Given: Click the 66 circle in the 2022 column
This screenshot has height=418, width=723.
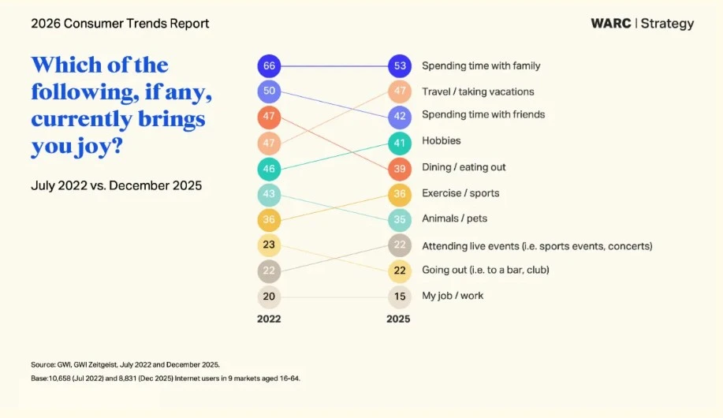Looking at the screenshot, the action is coord(269,66).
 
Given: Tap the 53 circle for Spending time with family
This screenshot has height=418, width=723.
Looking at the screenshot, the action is coord(399,66).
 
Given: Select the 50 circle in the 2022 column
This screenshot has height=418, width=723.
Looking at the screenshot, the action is coord(269,91).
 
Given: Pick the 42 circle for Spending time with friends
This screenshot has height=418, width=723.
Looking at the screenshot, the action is coord(399,117).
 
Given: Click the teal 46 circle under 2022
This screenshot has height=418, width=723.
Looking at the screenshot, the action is coord(269,169).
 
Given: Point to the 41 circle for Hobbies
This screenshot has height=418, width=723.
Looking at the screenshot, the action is coord(399,143).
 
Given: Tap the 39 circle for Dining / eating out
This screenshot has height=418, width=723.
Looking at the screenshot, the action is coord(399,169).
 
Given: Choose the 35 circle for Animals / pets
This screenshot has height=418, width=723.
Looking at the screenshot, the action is coord(399,219).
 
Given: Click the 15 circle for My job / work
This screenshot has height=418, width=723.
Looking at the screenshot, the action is coord(399,297).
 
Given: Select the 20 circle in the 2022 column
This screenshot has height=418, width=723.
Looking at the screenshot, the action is coord(269,297).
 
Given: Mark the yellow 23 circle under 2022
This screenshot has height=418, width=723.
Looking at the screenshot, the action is coord(269,245).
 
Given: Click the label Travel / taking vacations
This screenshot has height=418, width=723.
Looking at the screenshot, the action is coord(478,91).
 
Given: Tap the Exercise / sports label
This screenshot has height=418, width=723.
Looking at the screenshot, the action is coord(460,193).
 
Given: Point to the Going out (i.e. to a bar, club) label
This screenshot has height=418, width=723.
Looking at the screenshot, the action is coord(485,270).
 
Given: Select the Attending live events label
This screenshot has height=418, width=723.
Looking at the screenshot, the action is coord(537,246).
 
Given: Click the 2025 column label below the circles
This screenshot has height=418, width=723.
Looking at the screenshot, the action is coord(398,319).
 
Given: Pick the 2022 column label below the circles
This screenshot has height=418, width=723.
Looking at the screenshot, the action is coord(269,319).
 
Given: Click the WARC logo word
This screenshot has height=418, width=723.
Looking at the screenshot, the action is coord(610,24).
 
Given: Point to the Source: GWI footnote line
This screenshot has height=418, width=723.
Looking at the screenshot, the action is coord(125,364).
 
